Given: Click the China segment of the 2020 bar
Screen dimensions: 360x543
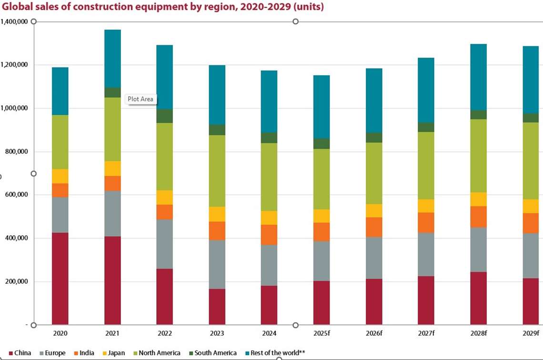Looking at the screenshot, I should coord(60,278).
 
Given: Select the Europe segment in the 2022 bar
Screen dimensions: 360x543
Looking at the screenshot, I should coord(164,244).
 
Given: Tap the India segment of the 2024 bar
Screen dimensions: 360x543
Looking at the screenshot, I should coord(269,234).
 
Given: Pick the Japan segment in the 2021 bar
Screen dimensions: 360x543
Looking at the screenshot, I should coord(112,168).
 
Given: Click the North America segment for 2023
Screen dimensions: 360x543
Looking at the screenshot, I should coord(217,171).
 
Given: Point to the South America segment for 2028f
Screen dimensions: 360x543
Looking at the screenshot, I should coord(478,114).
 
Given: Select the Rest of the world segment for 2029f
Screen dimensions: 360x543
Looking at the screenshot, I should coord(530,80).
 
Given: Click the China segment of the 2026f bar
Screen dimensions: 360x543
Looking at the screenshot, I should coord(373,301).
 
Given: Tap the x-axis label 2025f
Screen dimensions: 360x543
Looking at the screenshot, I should coord(322,333).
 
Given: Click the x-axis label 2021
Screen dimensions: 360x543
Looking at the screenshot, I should coord(112,333).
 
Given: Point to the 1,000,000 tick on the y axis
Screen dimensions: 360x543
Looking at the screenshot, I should coord(15,108).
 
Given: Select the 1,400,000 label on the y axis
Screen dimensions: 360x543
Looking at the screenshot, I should coord(15,21).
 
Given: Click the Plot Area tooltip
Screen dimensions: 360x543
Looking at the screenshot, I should coord(140,99).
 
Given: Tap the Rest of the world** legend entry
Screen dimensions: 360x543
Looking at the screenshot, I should coord(274,353).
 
